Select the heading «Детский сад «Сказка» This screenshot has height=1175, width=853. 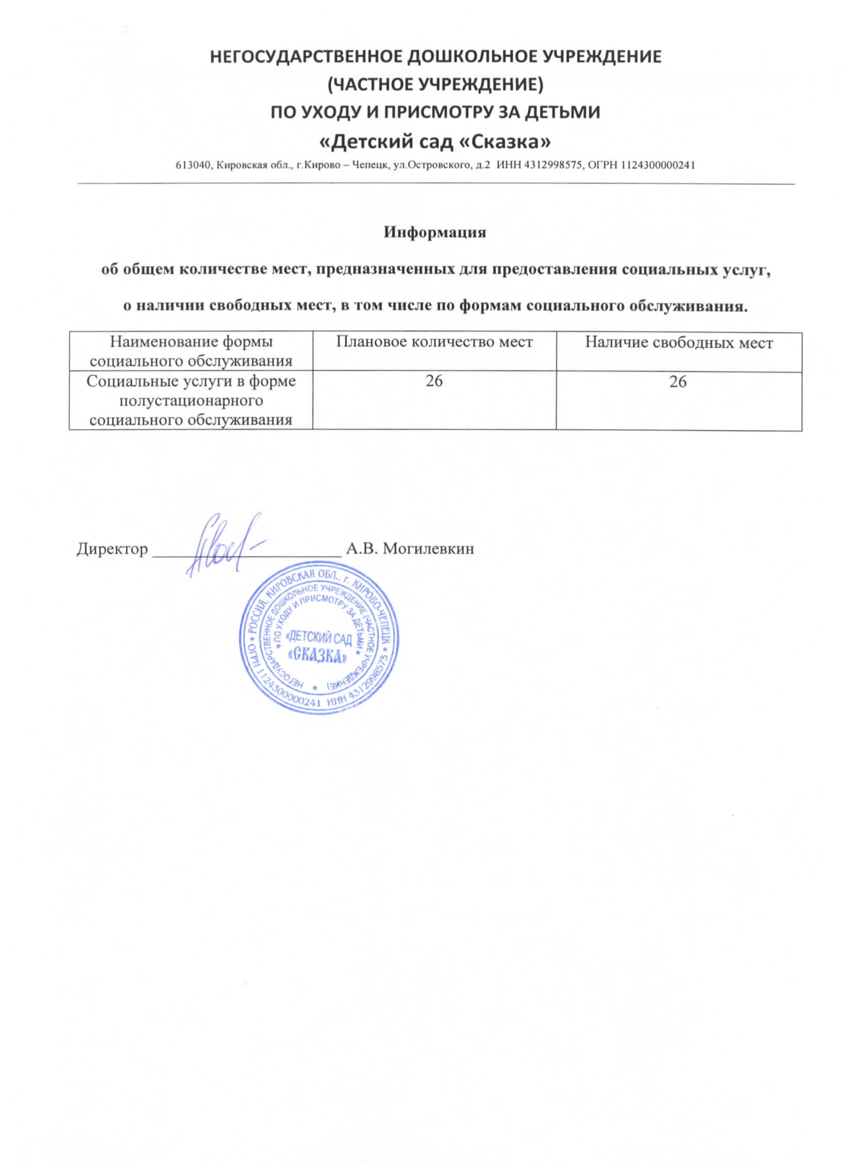pyautogui.click(x=436, y=141)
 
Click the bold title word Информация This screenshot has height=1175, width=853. pyautogui.click(x=434, y=233)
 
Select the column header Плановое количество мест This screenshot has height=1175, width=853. pyautogui.click(x=434, y=342)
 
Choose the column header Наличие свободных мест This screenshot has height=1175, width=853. pyautogui.click(x=678, y=343)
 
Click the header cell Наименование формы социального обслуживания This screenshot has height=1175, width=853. pyautogui.click(x=191, y=351)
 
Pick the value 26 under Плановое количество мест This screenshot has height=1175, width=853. pyautogui.click(x=434, y=382)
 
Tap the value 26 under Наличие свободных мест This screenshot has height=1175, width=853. pyautogui.click(x=678, y=382)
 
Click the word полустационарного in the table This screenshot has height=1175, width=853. pyautogui.click(x=191, y=401)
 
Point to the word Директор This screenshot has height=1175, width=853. pyautogui.click(x=112, y=549)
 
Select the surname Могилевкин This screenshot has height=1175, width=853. pyautogui.click(x=428, y=549)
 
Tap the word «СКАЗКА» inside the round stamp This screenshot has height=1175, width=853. pyautogui.click(x=317, y=656)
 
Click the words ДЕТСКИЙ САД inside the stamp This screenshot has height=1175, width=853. pyautogui.click(x=320, y=637)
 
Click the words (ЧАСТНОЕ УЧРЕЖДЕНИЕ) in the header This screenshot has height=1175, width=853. pyautogui.click(x=436, y=85)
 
